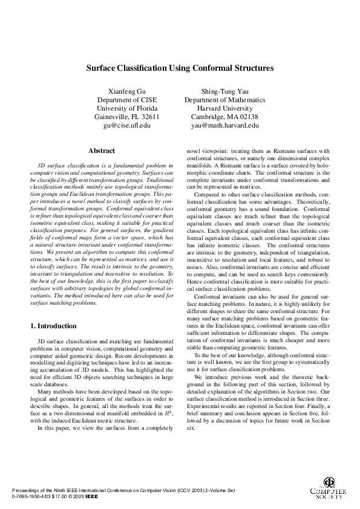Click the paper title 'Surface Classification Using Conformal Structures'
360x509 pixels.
(179, 69)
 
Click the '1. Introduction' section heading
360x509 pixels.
(53, 326)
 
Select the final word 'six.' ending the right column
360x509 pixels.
(192, 427)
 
